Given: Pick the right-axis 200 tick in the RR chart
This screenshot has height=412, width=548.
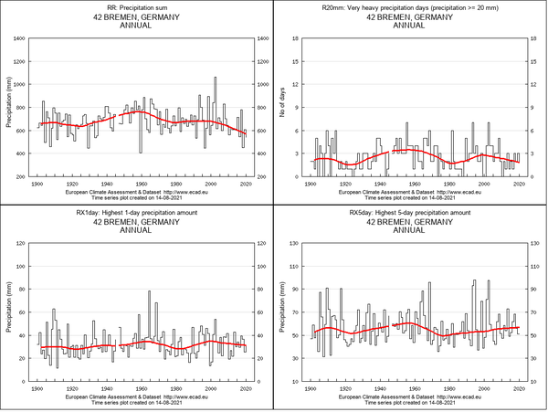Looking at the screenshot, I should click(262, 176).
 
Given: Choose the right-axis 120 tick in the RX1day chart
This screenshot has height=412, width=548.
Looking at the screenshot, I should click(262, 243).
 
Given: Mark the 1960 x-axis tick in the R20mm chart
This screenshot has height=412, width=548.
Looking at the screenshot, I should click(414, 184).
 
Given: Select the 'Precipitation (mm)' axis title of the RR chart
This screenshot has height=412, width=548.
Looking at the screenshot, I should click(8, 108).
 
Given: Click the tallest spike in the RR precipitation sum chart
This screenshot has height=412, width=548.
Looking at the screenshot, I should click(215, 78).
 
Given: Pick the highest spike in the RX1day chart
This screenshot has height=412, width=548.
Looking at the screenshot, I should click(149, 291).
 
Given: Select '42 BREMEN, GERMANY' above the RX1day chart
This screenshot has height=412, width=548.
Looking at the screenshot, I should click(136, 221).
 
